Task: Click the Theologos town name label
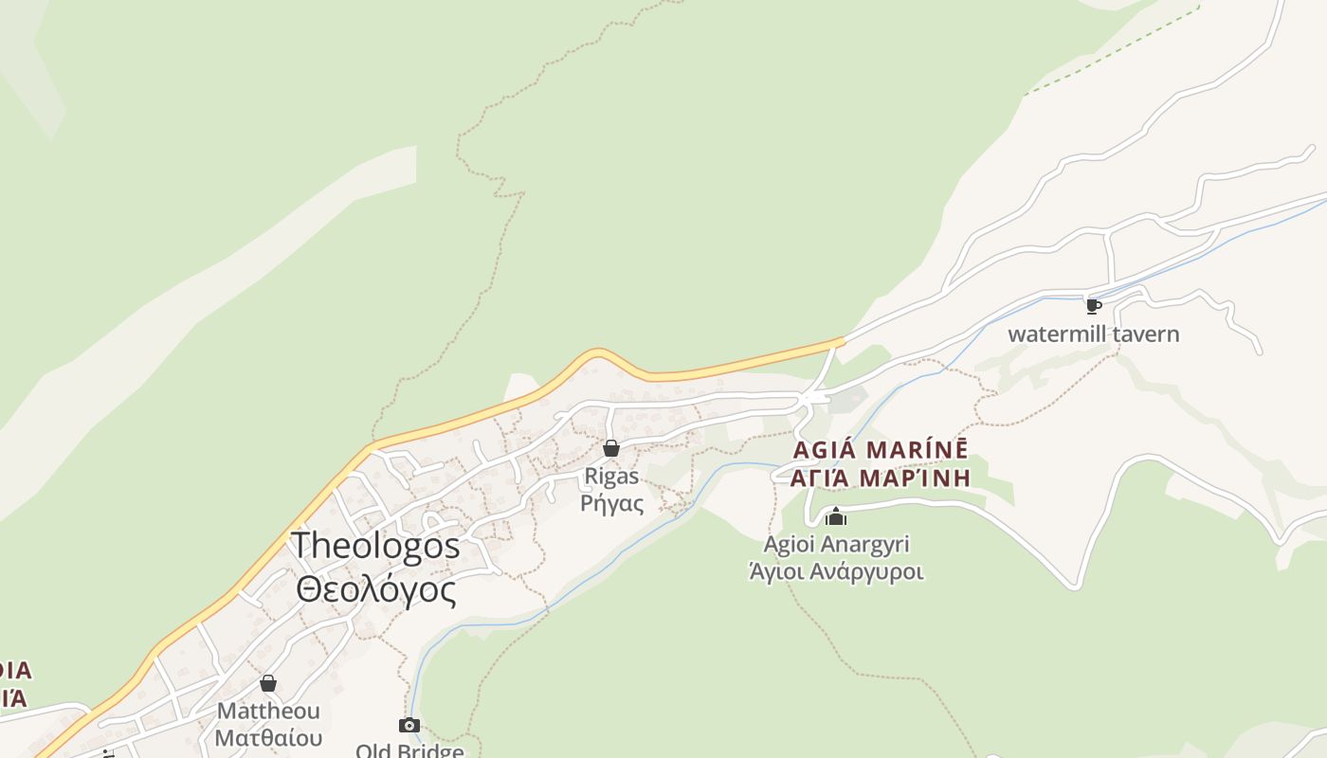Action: point(375,546)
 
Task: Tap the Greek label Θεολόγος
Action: point(375,589)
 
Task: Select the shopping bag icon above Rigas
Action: point(611,448)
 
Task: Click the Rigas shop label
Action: point(611,476)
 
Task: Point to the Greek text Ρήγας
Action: point(611,503)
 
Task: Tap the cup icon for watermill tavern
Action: point(1093,306)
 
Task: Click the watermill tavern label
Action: point(1093,334)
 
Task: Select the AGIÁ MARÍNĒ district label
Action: point(881,449)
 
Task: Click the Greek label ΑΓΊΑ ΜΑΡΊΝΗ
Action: point(881,478)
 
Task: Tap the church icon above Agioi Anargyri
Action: point(835,516)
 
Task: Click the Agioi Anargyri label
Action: point(836,544)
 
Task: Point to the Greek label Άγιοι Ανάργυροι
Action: point(836,571)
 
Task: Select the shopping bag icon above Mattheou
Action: point(268,683)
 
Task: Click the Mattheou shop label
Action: point(268,711)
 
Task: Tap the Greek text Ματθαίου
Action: point(268,737)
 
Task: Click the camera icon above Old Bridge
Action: point(409,726)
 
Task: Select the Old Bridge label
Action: point(409,750)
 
